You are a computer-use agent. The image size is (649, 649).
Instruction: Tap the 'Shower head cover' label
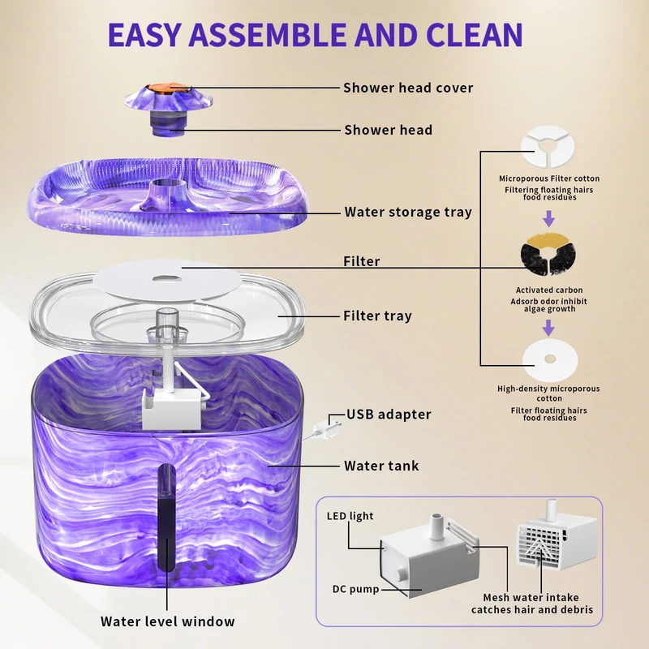(408, 88)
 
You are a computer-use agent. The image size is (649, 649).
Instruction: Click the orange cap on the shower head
(169, 88)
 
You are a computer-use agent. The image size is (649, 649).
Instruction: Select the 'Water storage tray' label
(408, 212)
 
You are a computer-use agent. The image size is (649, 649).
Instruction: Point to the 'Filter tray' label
(377, 316)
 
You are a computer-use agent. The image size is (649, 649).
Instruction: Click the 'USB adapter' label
(389, 415)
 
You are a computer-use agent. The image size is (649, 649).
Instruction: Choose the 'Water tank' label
(381, 466)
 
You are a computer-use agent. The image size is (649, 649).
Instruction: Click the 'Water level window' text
(168, 621)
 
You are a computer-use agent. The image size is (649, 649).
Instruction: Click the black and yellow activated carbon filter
(548, 253)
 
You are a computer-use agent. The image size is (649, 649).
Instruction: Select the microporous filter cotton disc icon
(548, 147)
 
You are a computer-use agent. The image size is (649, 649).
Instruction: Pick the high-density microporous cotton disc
(550, 359)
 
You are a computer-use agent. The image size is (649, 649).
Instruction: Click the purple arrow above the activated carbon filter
(549, 218)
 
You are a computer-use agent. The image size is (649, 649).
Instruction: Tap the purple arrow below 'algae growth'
(549, 328)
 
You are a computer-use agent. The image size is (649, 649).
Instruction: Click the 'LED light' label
(350, 516)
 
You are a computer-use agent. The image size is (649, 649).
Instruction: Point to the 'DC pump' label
(355, 589)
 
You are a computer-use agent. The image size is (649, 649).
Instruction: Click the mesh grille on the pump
(539, 541)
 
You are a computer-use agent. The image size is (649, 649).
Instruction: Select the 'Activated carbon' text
(549, 290)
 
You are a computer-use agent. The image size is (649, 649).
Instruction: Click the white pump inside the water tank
(173, 407)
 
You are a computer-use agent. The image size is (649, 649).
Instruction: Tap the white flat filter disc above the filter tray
(167, 280)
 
